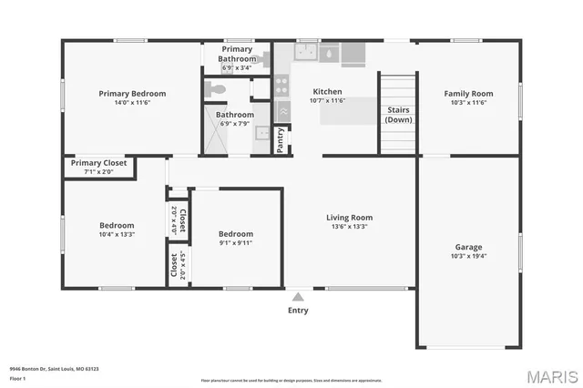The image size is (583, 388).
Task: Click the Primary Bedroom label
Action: click(132, 93)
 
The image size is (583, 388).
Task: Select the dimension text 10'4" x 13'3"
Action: click(117, 234)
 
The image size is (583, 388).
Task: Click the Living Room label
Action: click(350, 218)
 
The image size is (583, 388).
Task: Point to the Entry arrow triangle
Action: click(298, 296)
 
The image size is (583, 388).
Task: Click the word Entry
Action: click(298, 311)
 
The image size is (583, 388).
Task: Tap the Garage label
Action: click(468, 247)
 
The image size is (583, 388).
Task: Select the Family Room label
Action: click(468, 93)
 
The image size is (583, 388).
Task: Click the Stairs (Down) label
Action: click(396, 115)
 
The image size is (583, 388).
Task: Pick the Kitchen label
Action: click(327, 92)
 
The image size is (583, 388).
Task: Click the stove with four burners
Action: click(282, 87)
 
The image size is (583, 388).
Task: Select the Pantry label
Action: click(281, 138)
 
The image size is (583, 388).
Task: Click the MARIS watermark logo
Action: click(549, 375)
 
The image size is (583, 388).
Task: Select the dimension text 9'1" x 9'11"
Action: click(235, 242)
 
